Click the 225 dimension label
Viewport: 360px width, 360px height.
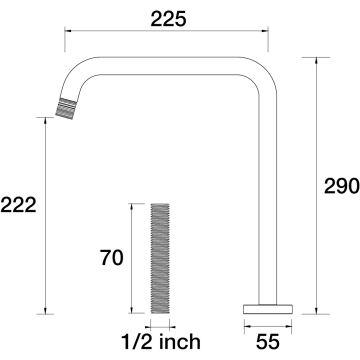(x=168, y=19)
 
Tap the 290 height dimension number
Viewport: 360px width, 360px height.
(x=342, y=186)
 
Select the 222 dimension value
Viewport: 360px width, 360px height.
(x=18, y=205)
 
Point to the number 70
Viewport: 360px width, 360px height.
(x=112, y=258)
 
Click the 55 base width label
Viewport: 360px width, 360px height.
(x=268, y=342)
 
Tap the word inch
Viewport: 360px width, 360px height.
(x=180, y=342)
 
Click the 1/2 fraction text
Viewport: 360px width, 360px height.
(x=138, y=342)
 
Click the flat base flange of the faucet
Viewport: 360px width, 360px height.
(x=268, y=309)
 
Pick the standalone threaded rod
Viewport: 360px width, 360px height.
(x=160, y=258)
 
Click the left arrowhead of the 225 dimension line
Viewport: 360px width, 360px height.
(x=68, y=31)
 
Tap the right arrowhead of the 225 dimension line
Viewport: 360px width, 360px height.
(x=265, y=31)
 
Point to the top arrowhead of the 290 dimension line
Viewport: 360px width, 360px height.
(x=316, y=61)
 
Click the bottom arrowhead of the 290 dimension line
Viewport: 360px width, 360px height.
(x=316, y=310)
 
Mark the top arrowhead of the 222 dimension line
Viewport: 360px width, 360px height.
(x=45, y=121)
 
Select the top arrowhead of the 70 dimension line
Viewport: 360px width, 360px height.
(x=132, y=207)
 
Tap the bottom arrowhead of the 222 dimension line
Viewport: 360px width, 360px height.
(x=45, y=310)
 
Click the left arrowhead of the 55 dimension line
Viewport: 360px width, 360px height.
(x=248, y=327)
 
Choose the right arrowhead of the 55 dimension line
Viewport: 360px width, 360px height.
(x=288, y=327)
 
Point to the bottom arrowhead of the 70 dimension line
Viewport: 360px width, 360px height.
(x=132, y=310)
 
